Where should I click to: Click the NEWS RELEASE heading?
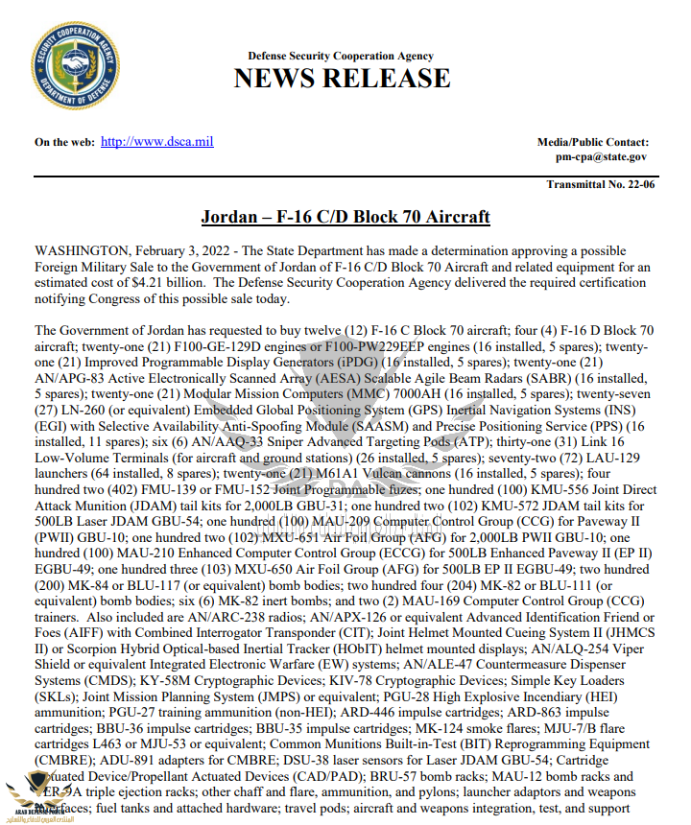coord(342,78)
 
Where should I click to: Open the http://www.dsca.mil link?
coord(156,142)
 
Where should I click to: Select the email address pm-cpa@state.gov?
coord(601,156)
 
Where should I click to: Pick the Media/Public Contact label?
coord(592,142)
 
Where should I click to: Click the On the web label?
coord(64,142)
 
